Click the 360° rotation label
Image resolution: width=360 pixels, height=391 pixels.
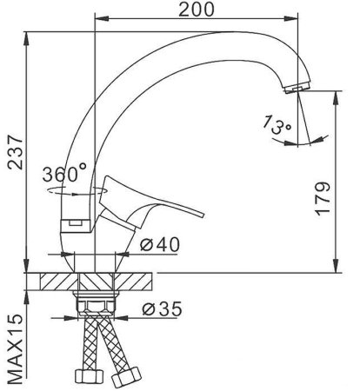63,172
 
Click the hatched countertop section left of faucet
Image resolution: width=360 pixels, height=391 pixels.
56,282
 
